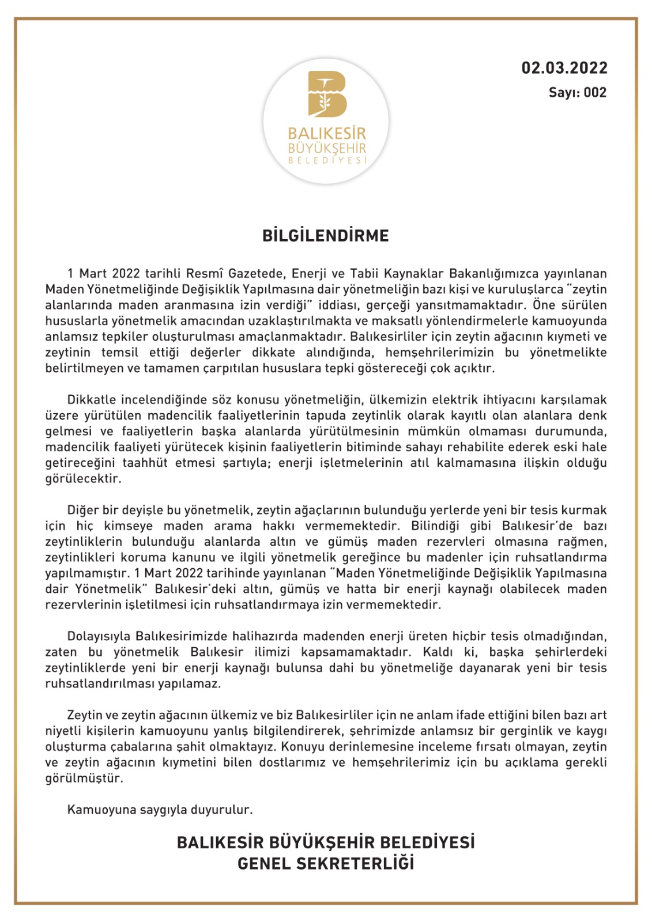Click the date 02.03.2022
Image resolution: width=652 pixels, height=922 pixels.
coord(564,68)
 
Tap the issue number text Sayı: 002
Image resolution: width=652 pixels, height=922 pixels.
coord(577,93)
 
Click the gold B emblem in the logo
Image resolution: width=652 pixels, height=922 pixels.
coord(326,93)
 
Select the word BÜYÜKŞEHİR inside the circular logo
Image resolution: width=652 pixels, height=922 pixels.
coord(327,148)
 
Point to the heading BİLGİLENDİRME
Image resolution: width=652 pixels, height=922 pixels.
coord(326,236)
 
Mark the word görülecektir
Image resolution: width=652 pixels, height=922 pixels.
coord(82,478)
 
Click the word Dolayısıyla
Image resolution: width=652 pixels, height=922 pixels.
coord(99,636)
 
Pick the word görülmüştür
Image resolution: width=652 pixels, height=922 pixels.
coord(84,778)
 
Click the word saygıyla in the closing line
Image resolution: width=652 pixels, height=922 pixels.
coord(163,810)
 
